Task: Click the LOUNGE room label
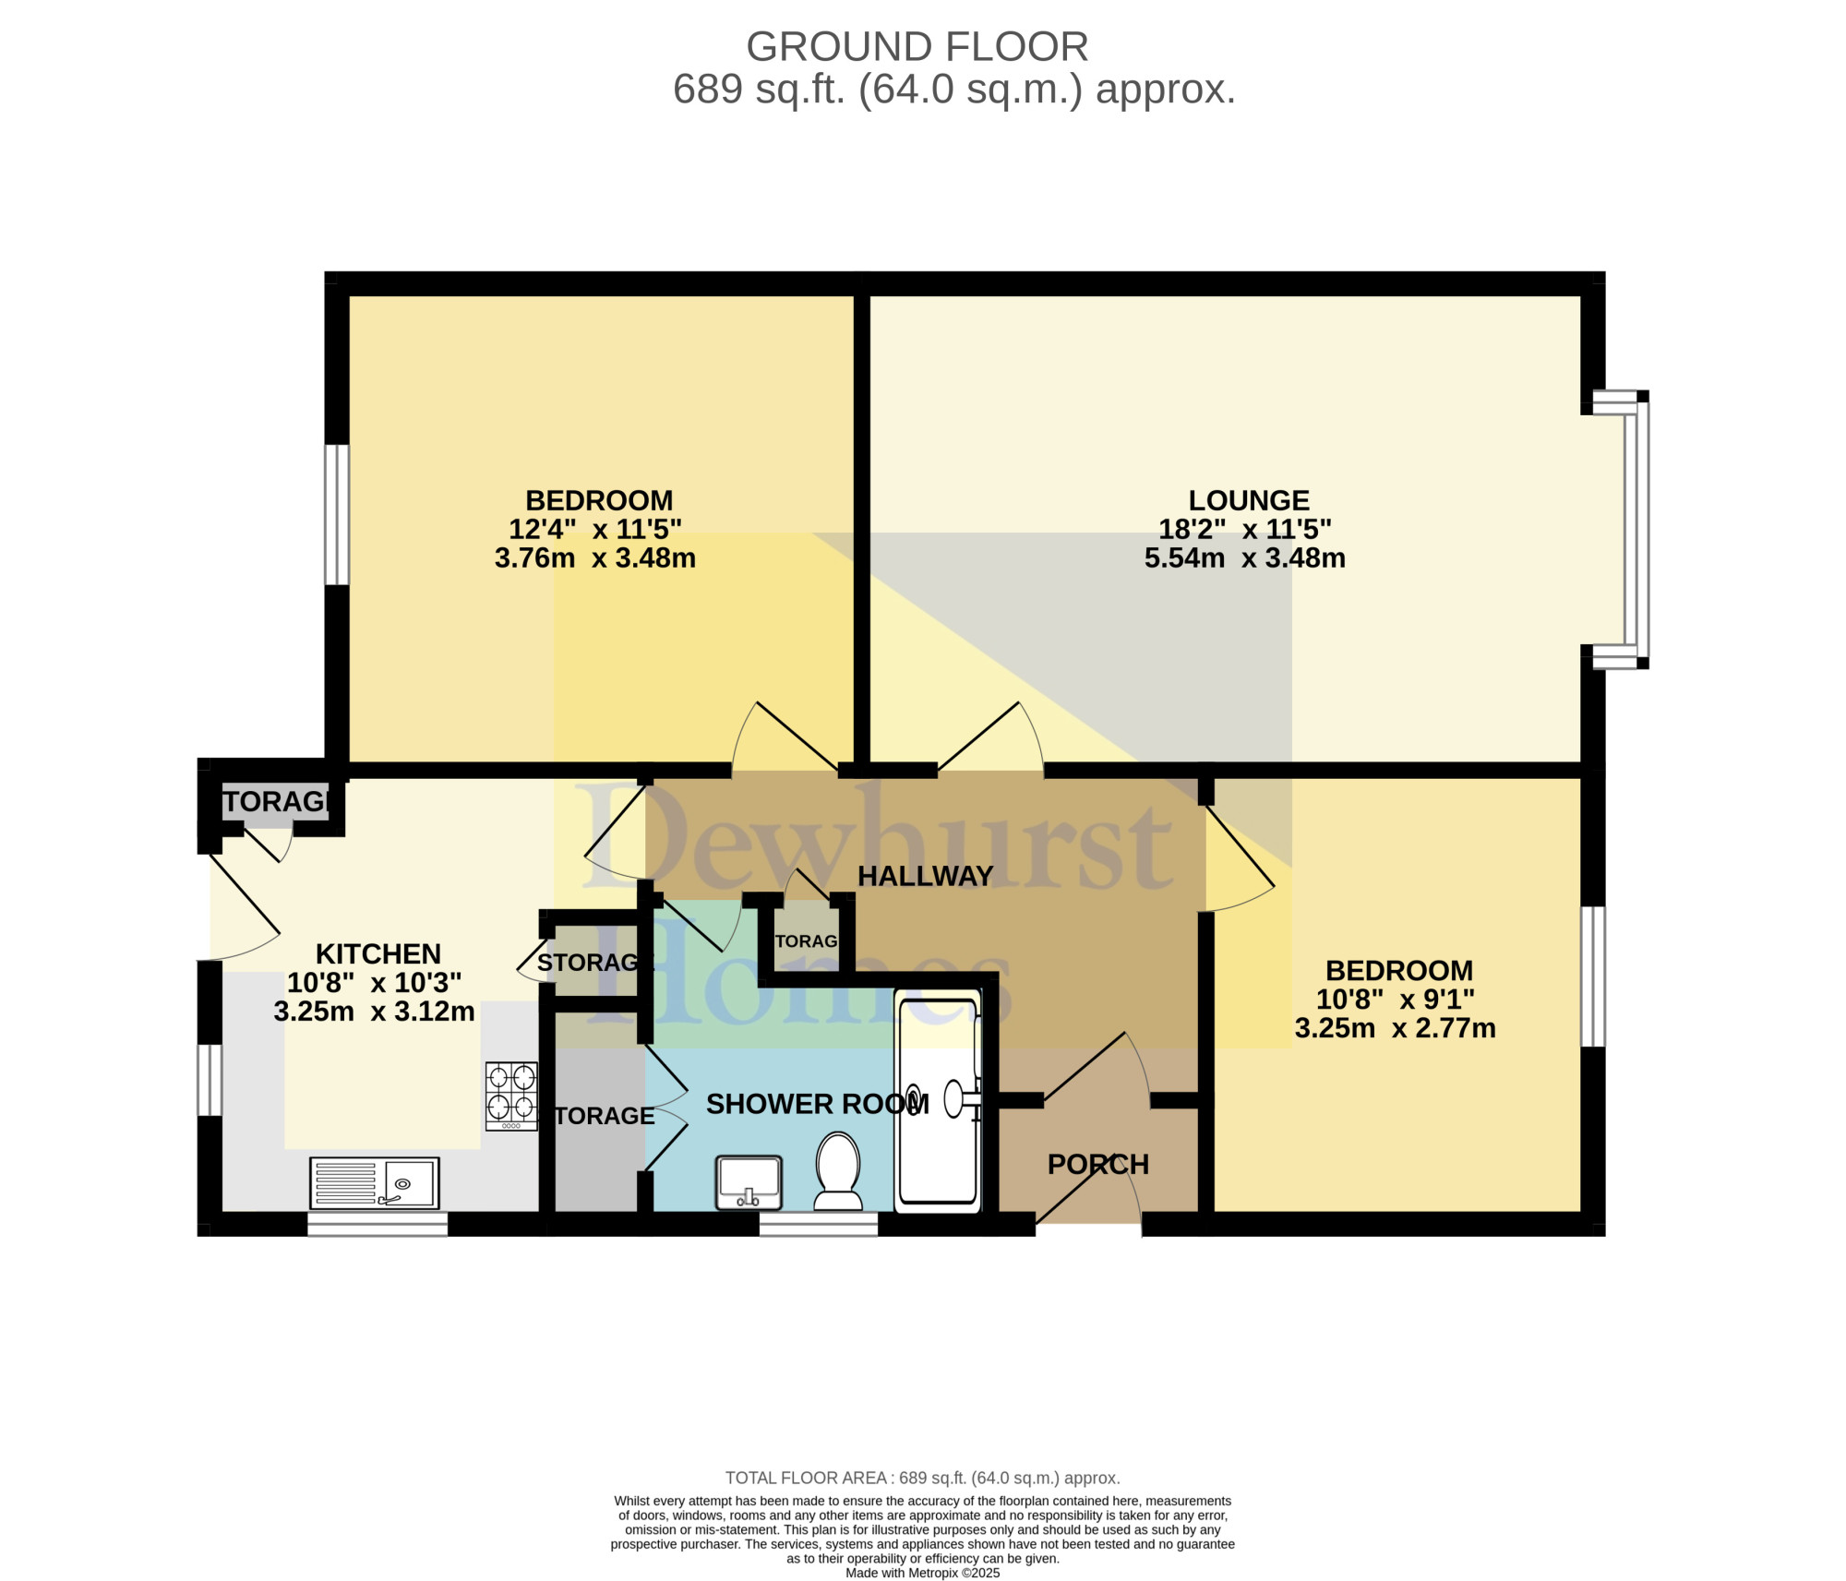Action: coord(1249,500)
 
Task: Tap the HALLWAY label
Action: coord(926,876)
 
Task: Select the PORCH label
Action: coord(1098,1165)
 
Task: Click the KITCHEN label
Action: coord(378,953)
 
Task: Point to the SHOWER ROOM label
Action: coord(818,1104)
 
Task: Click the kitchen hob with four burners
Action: coord(512,1096)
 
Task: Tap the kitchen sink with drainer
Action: coord(375,1183)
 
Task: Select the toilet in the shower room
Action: coord(838,1171)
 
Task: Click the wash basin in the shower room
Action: coord(749,1182)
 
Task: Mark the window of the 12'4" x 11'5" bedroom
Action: coord(337,515)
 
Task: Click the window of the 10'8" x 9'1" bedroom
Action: coord(1593,976)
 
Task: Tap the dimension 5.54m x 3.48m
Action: coord(1245,558)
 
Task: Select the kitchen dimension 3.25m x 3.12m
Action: coord(375,1012)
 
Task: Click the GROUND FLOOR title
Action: coord(917,46)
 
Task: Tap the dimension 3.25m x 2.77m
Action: coord(1396,1028)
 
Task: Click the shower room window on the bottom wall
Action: coord(819,1225)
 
